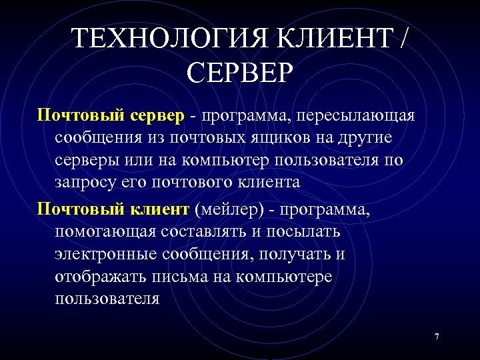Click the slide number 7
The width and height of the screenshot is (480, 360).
click(x=437, y=337)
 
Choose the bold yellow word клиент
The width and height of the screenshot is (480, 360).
click(x=159, y=210)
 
